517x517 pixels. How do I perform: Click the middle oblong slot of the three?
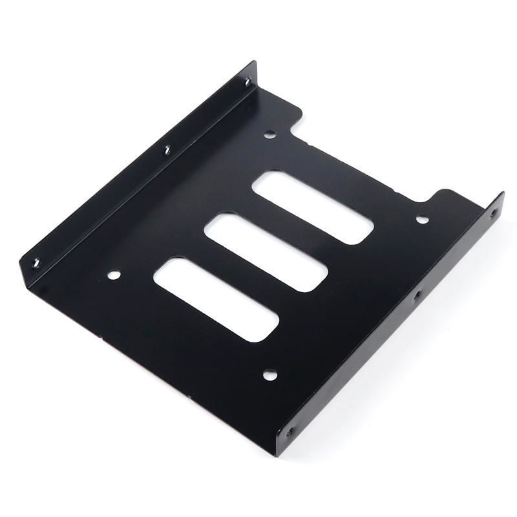[266, 251]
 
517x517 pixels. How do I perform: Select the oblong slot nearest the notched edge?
[313, 207]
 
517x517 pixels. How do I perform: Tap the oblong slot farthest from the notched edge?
[216, 299]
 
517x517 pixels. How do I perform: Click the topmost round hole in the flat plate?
[270, 134]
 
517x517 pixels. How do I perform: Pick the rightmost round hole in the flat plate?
[421, 220]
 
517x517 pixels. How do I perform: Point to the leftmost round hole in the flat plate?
[114, 275]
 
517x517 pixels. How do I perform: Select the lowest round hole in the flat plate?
[269, 374]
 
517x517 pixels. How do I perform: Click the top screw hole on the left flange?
[246, 82]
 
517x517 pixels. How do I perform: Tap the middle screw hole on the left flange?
[166, 150]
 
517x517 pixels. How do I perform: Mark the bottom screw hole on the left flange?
[36, 262]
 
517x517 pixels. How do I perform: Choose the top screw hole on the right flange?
[495, 211]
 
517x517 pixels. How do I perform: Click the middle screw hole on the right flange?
[417, 295]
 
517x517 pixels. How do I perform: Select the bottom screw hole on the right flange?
[290, 430]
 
